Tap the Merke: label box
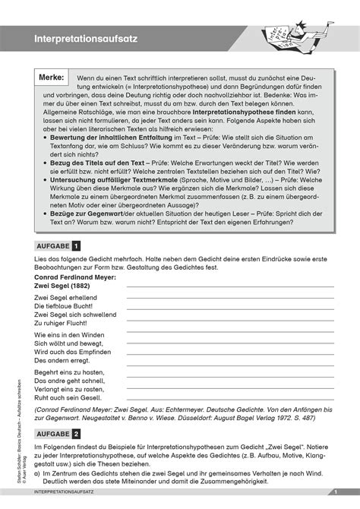(x=51, y=77)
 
